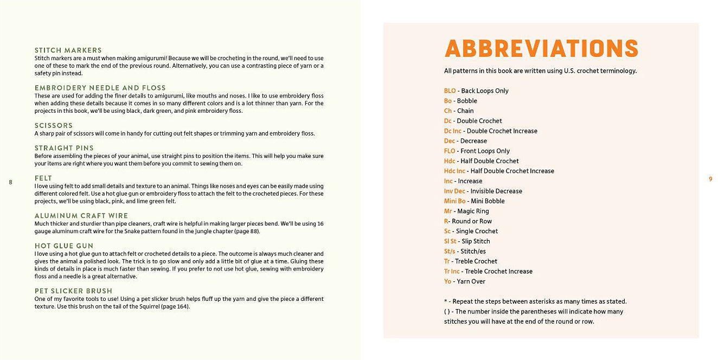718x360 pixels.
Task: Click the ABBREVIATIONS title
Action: coord(541,48)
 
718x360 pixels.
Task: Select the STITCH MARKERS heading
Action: coord(68,50)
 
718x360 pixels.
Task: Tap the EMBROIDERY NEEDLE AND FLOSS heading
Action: coord(100,88)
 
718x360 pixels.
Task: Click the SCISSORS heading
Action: coord(54,125)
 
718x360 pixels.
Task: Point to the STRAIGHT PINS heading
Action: coord(64,148)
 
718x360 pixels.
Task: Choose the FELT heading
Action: coord(43,178)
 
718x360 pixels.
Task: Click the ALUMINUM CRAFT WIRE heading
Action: coord(81,216)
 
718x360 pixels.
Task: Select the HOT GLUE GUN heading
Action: coord(64,246)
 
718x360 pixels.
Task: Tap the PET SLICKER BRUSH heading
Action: coord(73,291)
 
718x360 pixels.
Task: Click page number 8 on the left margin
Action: coord(10,182)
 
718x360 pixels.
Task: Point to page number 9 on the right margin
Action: coord(710,179)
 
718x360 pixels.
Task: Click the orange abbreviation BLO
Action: coord(450,91)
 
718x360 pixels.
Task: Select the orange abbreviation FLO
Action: coord(450,151)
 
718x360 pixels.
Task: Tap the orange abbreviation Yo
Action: coord(448,281)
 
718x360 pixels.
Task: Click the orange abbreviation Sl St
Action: coord(450,241)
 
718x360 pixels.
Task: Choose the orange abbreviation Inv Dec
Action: coord(454,191)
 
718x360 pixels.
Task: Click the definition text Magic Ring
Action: coord(473,211)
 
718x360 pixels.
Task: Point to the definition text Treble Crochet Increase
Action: coord(498,272)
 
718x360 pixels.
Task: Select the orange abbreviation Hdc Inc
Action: coord(454,171)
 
